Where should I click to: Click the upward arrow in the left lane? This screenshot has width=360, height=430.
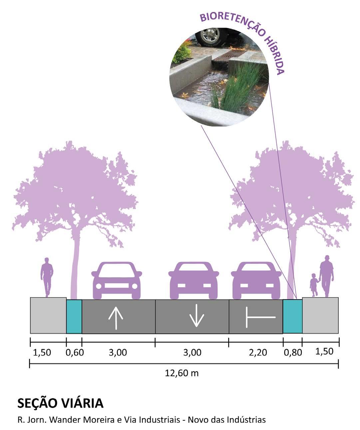pyautogui.click(x=116, y=318)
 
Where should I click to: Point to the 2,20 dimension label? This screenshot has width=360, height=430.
pyautogui.click(x=258, y=352)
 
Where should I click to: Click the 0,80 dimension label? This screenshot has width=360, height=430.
pyautogui.click(x=293, y=352)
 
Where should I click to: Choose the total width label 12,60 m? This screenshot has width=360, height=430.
pyautogui.click(x=182, y=373)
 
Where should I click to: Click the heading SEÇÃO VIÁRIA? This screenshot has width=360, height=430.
pyautogui.click(x=60, y=403)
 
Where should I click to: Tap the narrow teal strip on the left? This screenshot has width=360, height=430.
pyautogui.click(x=74, y=317)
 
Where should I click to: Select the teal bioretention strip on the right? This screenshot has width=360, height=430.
pyautogui.click(x=293, y=317)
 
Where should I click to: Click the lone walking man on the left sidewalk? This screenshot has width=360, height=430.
pyautogui.click(x=47, y=276)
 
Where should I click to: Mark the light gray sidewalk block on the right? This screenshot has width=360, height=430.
pyautogui.click(x=320, y=316)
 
